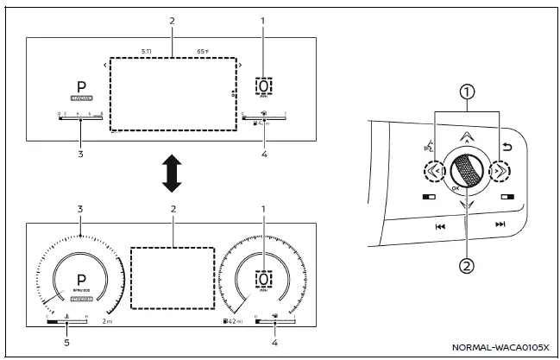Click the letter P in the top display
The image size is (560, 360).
[81, 89]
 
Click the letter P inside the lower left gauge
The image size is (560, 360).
[81, 281]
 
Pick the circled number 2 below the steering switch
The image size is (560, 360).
[467, 267]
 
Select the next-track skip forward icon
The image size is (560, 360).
[500, 224]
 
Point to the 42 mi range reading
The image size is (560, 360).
[233, 321]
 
